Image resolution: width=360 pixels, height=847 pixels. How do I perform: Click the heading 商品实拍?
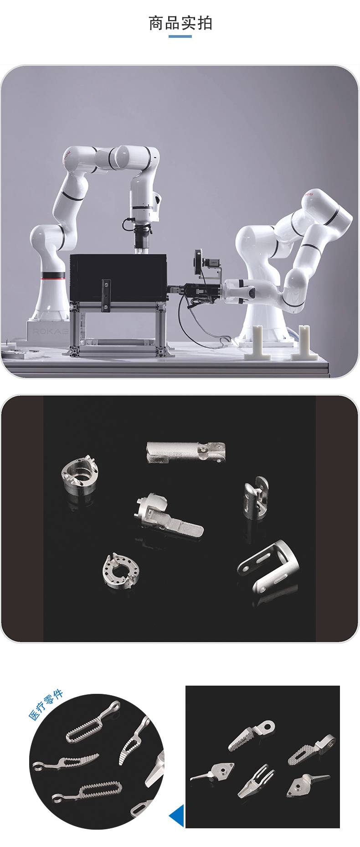(x=180, y=23)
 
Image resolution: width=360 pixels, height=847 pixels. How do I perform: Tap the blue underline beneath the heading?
(x=180, y=36)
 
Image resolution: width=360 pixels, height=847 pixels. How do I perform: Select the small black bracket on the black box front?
(x=106, y=295)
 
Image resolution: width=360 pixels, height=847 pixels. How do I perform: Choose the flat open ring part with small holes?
(x=120, y=570)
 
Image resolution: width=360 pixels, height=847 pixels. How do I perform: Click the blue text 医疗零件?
(x=46, y=706)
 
